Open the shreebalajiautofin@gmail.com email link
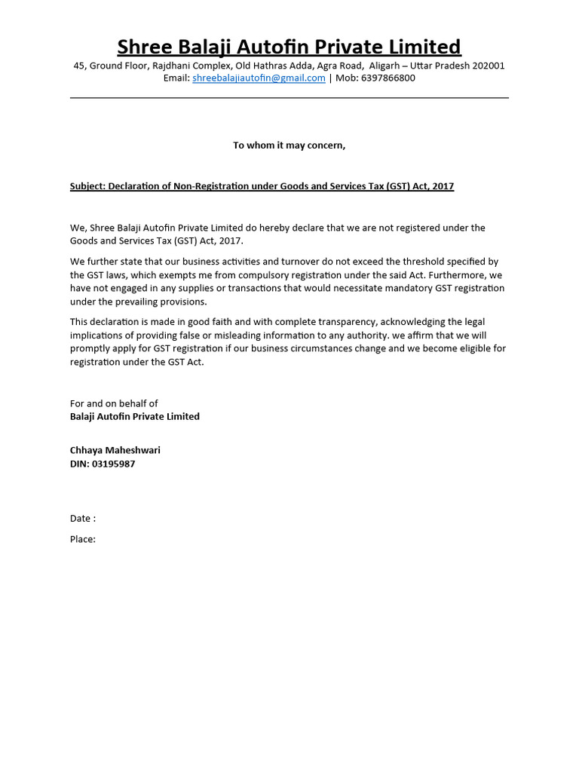pyautogui.click(x=259, y=78)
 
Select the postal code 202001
pyautogui.click(x=486, y=66)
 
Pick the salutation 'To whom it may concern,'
pyautogui.click(x=289, y=146)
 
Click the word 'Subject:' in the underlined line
pyautogui.click(x=87, y=186)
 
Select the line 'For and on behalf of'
pyautogui.click(x=114, y=403)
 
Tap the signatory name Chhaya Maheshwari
pyautogui.click(x=115, y=451)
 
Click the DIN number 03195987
pyautogui.click(x=113, y=464)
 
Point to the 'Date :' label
pyautogui.click(x=83, y=519)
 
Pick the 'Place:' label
pyautogui.click(x=83, y=539)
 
